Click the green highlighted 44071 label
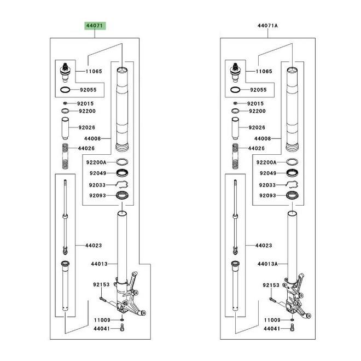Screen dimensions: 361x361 [95, 26]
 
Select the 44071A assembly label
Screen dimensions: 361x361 [267, 26]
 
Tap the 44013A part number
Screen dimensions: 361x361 [267, 264]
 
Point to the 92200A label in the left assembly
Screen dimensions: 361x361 [96, 162]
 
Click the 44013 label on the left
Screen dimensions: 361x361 [99, 264]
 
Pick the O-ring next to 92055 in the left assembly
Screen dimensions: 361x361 [65, 90]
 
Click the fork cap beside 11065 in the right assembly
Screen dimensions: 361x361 [235, 73]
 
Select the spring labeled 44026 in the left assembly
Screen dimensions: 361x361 [66, 156]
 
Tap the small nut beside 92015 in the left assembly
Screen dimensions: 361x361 [65, 103]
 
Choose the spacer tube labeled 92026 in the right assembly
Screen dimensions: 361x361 [235, 129]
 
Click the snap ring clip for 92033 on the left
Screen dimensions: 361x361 [122, 185]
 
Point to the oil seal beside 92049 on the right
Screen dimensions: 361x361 [292, 173]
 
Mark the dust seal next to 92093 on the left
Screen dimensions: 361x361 [122, 195]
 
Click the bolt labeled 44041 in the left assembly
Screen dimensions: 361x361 [122, 327]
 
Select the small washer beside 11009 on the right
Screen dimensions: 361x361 [292, 320]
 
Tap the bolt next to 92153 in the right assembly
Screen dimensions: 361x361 [272, 300]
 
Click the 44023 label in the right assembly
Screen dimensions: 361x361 [264, 246]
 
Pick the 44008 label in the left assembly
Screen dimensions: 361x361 [92, 138]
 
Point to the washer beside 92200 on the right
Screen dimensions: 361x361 [235, 111]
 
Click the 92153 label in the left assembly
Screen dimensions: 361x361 [101, 284]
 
